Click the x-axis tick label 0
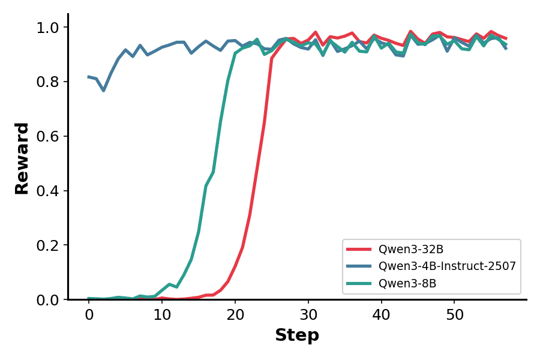(89, 314)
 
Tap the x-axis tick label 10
(162, 314)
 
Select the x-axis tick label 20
(235, 314)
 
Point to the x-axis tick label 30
(308, 314)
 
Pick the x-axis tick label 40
(381, 314)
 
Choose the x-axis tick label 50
(454, 314)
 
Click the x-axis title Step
(297, 335)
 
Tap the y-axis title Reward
(22, 158)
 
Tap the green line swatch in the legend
(359, 283)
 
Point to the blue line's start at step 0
(89, 77)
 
